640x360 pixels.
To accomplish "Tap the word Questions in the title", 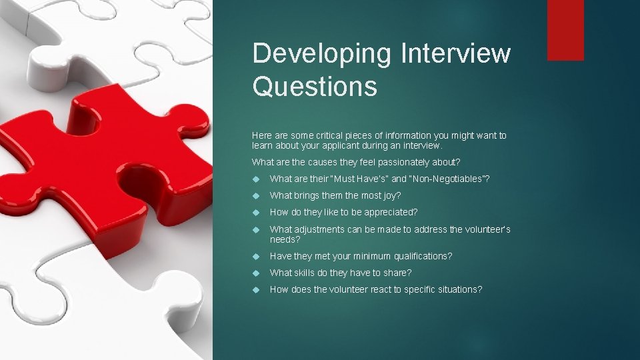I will point(315,87).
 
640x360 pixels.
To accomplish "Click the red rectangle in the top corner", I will point(565,30).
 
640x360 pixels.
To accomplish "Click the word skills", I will point(308,273).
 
